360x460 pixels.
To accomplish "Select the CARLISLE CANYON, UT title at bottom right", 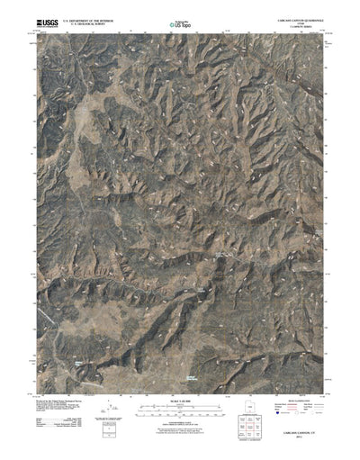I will click(x=301, y=442).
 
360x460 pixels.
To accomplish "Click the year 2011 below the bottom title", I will click(x=301, y=447).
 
